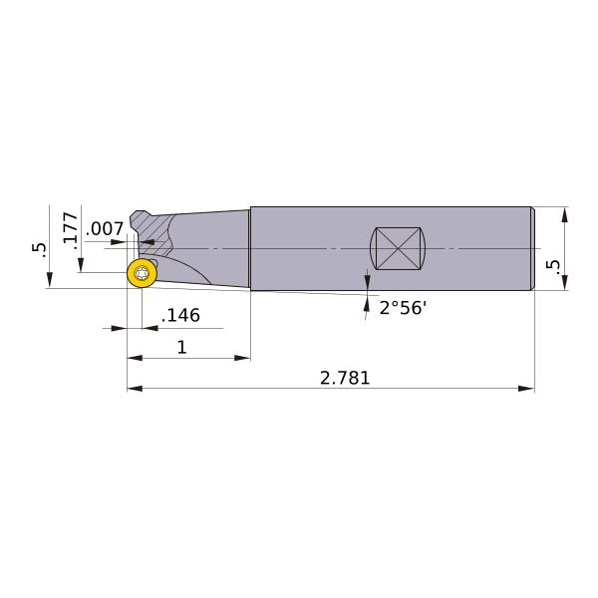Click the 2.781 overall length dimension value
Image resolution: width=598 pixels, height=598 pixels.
click(345, 378)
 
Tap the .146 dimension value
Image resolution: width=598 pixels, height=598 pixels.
click(180, 315)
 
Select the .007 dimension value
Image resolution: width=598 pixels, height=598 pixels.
click(105, 229)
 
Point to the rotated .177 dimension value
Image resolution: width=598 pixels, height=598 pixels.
click(71, 230)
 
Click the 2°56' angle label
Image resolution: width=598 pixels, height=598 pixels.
click(402, 307)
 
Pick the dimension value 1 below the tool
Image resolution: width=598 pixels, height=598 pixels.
click(182, 348)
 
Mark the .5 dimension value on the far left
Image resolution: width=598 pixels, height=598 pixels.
click(39, 250)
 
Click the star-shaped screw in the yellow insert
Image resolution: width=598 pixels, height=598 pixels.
click(142, 273)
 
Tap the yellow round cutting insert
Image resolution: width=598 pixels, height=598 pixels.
click(142, 273)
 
